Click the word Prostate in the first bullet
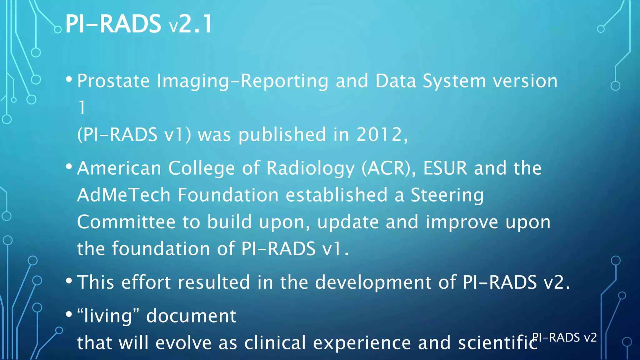point(113,81)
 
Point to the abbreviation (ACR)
point(388,168)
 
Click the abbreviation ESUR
point(445,168)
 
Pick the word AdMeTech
point(124,195)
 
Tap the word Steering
point(447,195)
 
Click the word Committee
point(126,222)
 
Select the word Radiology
point(310,168)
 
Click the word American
point(119,168)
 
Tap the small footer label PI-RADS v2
point(564,337)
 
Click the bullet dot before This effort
point(69,281)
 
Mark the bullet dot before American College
point(69,167)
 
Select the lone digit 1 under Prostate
point(82,108)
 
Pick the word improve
point(462,222)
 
